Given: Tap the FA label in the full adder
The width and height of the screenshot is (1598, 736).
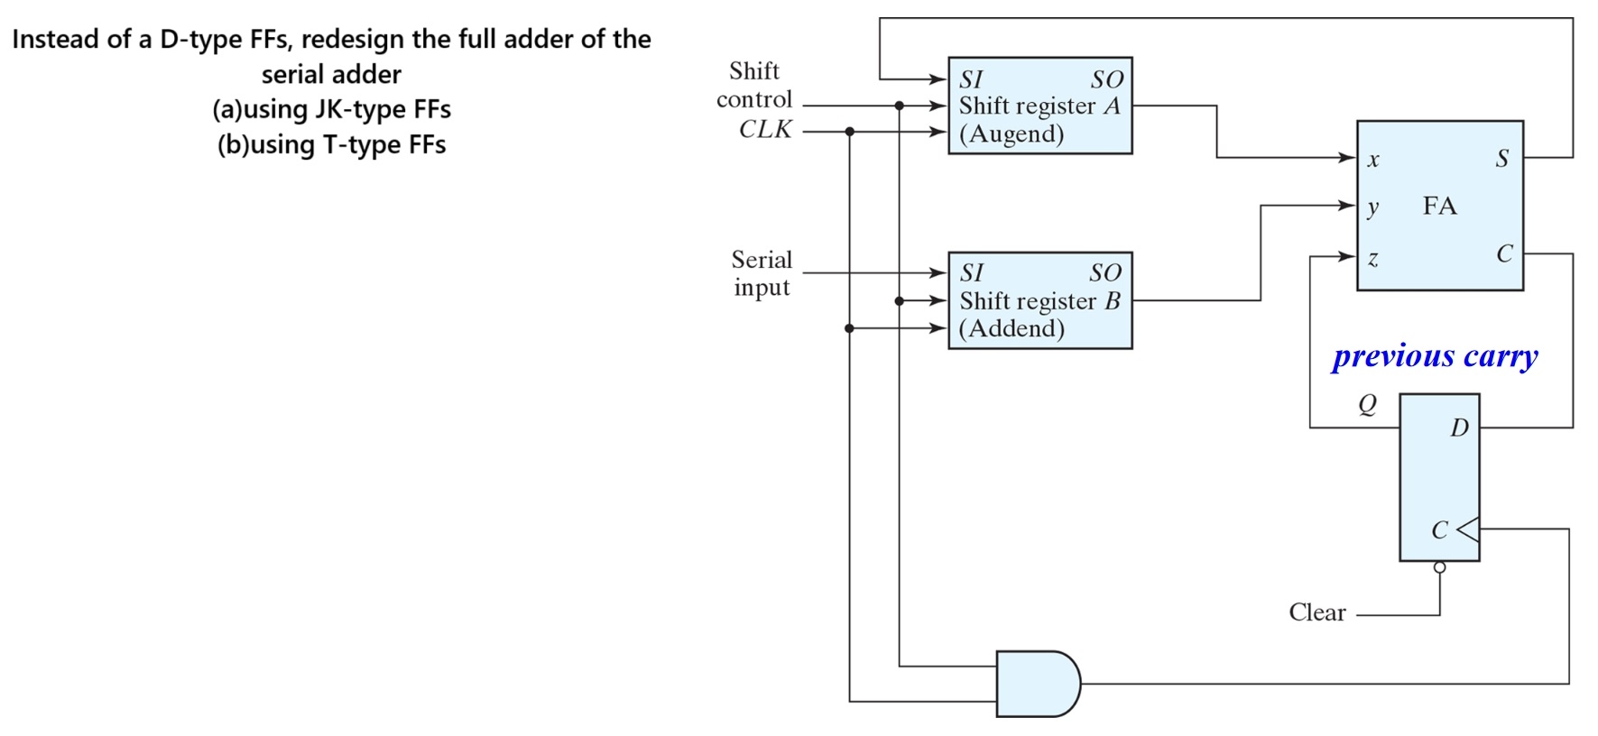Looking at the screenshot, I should (x=1439, y=206).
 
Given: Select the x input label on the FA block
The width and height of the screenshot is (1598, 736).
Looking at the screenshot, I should (x=1372, y=161).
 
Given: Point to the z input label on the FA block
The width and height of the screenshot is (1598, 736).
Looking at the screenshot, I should (x=1372, y=259).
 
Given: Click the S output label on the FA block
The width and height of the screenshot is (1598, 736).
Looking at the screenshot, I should (x=1501, y=159).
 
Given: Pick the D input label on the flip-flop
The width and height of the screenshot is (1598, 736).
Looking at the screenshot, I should (x=1459, y=428).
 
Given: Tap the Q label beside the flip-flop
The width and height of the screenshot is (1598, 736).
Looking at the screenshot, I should (x=1368, y=405).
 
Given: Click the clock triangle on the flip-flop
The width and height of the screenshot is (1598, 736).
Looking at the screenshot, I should (x=1468, y=529).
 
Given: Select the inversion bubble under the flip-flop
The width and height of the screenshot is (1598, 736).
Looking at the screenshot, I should (x=1439, y=567).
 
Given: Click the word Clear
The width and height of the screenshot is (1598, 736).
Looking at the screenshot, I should (x=1316, y=612).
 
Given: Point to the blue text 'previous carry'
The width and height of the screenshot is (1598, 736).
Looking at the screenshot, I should (x=1435, y=355).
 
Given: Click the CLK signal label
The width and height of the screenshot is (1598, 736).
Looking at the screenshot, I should (x=765, y=130).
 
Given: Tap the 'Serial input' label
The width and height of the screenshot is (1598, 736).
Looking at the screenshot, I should (x=762, y=273).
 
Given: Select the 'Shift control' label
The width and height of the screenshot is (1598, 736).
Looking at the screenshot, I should (x=754, y=85).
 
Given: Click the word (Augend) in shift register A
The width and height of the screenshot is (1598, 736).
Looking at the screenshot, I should (x=1011, y=134).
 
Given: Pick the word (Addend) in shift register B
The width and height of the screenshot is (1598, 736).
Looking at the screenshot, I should (x=1011, y=328).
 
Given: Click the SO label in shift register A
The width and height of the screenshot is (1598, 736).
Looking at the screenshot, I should (x=1106, y=79).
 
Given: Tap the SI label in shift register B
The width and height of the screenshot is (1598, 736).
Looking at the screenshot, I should (x=972, y=272).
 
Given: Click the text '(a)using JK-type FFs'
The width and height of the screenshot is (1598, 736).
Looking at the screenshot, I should (x=331, y=109).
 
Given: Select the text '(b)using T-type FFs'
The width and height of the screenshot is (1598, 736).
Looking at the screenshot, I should (x=331, y=144).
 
